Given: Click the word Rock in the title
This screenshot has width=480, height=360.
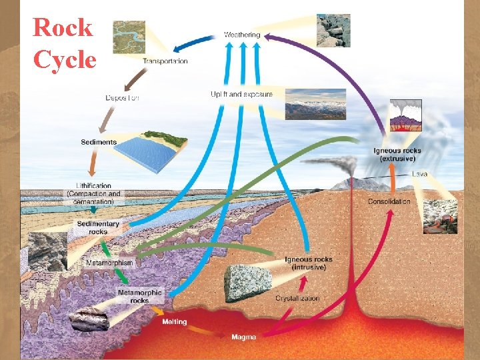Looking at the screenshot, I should (x=63, y=28).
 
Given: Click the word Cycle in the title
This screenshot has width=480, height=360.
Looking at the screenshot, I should (x=65, y=60).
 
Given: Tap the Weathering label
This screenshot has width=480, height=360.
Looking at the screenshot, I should (x=242, y=35).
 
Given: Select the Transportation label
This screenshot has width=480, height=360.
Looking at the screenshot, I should (x=165, y=61).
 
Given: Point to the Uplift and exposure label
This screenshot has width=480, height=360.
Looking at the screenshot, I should (x=241, y=95).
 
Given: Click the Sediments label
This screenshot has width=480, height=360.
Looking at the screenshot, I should (x=99, y=142).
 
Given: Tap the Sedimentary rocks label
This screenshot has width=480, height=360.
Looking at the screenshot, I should (x=98, y=228).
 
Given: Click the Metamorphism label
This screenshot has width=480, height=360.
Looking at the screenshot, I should (x=109, y=263).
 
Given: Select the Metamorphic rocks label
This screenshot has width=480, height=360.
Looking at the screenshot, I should (x=139, y=296).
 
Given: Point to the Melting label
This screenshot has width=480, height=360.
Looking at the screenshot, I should (x=175, y=322).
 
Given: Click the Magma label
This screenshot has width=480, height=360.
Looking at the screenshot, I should (x=243, y=337).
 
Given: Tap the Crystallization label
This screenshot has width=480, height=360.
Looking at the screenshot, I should (x=297, y=299).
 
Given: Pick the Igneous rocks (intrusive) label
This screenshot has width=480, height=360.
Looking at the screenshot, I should (x=308, y=263).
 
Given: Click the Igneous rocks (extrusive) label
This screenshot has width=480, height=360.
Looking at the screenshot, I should (x=397, y=155).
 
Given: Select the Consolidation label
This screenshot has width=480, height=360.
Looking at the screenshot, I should (x=389, y=201).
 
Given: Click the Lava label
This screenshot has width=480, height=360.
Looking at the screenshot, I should (x=420, y=174).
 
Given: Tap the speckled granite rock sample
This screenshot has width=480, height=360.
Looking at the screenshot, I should (x=247, y=283).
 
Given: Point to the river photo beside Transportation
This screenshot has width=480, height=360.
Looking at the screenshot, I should (x=129, y=37).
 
